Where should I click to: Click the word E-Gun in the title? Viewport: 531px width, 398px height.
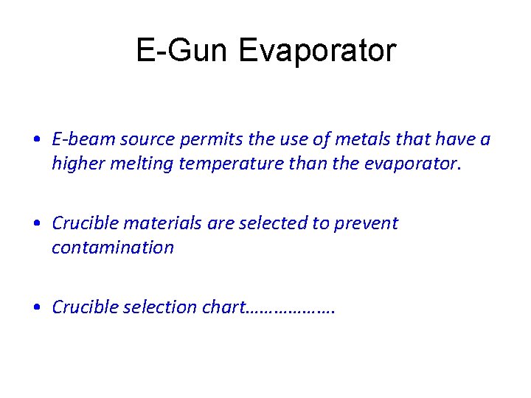click(x=181, y=51)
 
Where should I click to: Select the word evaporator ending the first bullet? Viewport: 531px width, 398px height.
click(x=412, y=163)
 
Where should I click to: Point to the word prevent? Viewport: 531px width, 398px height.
click(x=366, y=223)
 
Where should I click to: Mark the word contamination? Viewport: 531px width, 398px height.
click(x=113, y=247)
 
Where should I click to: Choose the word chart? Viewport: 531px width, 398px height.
click(x=221, y=307)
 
